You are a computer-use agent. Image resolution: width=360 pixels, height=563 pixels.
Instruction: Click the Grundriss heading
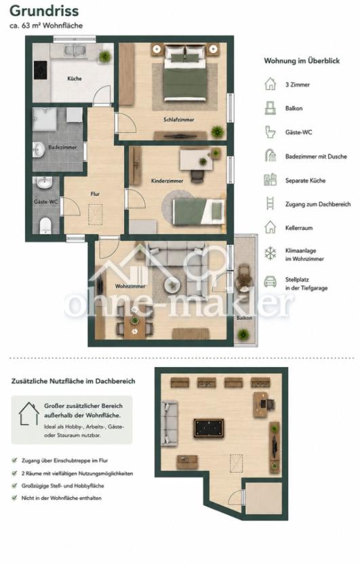(x=44, y=11)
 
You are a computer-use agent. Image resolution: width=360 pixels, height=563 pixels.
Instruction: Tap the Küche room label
(x=75, y=78)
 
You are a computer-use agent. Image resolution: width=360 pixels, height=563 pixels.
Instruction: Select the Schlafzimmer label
(x=179, y=119)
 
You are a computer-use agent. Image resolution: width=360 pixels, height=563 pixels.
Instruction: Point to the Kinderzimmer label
(x=167, y=181)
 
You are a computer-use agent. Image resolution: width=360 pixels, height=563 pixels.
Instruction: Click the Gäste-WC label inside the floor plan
(x=45, y=201)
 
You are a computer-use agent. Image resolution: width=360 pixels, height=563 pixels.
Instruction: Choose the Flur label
(x=95, y=194)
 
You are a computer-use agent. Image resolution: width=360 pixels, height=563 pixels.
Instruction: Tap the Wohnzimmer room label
(x=130, y=286)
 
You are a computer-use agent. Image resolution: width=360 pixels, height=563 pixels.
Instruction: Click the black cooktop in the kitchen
(x=40, y=70)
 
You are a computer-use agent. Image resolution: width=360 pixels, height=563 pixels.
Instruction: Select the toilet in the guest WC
(x=45, y=225)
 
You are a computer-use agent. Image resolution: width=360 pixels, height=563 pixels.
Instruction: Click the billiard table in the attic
(x=209, y=428)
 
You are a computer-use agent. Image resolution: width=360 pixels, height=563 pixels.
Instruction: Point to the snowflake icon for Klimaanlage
(x=270, y=253)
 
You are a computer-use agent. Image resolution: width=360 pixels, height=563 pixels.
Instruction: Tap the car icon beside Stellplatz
(x=270, y=281)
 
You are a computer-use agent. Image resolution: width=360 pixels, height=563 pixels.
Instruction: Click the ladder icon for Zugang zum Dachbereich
(x=270, y=203)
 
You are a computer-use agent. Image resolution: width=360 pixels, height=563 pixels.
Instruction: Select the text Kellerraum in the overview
(x=298, y=228)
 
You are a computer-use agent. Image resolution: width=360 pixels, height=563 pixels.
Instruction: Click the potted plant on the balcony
(x=243, y=334)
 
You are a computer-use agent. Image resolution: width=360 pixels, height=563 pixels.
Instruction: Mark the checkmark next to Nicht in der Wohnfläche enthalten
(x=14, y=498)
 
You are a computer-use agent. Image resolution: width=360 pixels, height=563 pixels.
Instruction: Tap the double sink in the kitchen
(x=75, y=50)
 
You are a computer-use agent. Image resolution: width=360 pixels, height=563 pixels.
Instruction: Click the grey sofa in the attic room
(x=169, y=424)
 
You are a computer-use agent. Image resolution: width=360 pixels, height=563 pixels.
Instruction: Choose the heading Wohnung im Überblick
(x=302, y=60)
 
